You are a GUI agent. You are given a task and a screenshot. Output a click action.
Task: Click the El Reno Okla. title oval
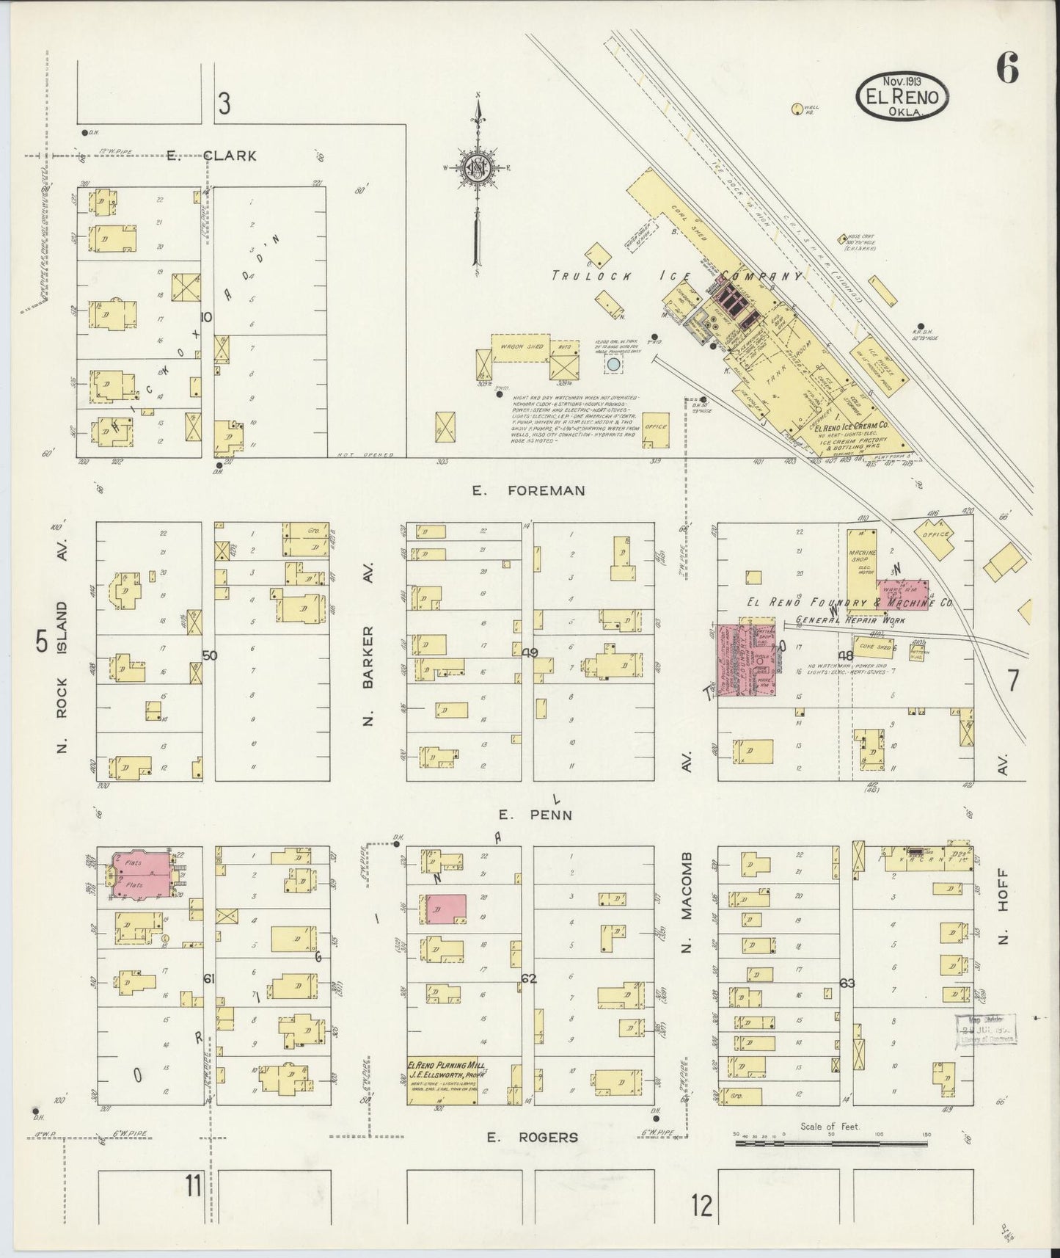(902, 95)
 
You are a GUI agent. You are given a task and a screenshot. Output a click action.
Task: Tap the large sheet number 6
(1006, 70)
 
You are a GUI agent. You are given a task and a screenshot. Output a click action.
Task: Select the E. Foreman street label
(529, 490)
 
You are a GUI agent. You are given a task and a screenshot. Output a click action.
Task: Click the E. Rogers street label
(533, 1137)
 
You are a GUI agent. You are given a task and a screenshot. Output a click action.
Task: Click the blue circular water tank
(613, 364)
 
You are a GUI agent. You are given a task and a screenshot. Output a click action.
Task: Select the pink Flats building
(143, 875)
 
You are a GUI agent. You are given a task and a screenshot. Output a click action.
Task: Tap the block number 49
(530, 652)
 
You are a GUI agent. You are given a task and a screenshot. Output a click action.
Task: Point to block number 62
(530, 978)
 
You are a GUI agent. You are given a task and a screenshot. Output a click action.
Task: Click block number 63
(847, 983)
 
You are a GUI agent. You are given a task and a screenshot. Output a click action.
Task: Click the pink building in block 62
(447, 909)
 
